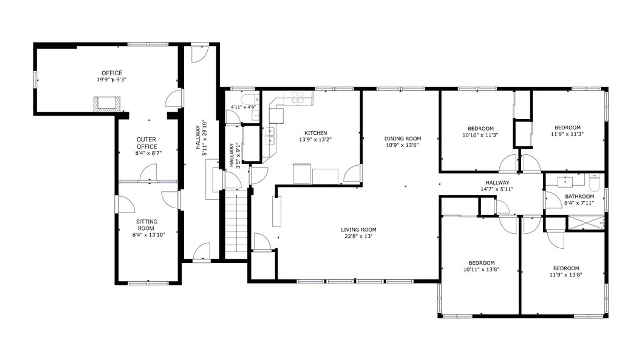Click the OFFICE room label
click(112, 73)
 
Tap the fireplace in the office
click(107, 104)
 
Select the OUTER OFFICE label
click(147, 143)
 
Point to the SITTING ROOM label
click(147, 225)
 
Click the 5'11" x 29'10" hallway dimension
click(205, 138)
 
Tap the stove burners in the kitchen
click(298, 97)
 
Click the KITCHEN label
click(316, 133)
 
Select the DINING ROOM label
click(403, 138)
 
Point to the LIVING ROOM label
click(359, 230)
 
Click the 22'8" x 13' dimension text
click(358, 236)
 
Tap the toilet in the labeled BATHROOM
click(595, 182)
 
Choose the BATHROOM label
click(579, 197)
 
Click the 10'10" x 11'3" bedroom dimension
click(480, 135)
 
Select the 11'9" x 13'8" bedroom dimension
click(566, 275)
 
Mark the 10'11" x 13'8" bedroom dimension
click(481, 269)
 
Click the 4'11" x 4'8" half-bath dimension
click(243, 107)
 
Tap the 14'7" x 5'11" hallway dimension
click(497, 189)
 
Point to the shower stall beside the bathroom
click(586, 223)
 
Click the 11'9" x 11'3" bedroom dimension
click(567, 134)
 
